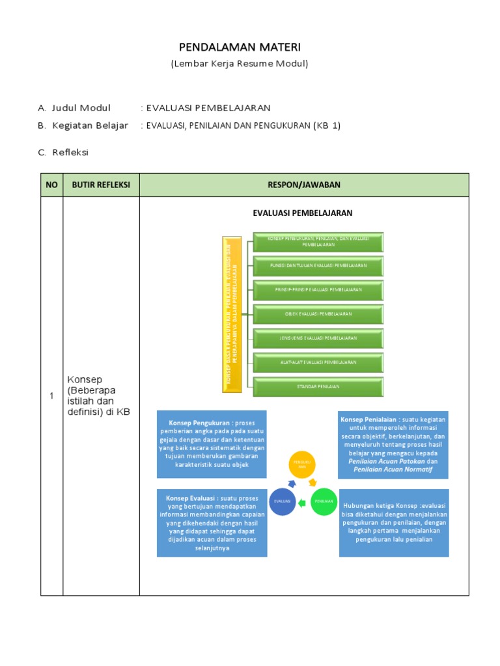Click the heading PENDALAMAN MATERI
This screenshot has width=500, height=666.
coord(240,47)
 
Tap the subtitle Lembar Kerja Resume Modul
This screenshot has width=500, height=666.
coord(240,64)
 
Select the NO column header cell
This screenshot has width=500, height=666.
coord(51,185)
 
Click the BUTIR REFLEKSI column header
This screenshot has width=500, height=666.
coord(101,185)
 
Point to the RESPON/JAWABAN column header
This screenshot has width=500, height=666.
coord(304,185)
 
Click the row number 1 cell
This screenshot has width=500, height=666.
coord(51,396)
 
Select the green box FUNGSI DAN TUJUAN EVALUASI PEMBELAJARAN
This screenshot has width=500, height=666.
coord(318,266)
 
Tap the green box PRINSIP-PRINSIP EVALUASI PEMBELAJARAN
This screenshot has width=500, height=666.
coord(318,289)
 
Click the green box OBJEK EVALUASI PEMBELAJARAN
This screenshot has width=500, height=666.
coord(318,314)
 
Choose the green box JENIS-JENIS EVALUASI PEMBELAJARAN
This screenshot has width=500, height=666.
coord(318,338)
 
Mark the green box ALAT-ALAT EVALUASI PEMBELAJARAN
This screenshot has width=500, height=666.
coord(318,362)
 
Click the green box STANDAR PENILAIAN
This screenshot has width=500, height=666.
coord(318,386)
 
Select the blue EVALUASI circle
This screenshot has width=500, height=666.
coord(283,501)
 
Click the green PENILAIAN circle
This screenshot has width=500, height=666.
coord(324,501)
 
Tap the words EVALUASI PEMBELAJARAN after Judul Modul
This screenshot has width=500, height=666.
coord(208,108)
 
